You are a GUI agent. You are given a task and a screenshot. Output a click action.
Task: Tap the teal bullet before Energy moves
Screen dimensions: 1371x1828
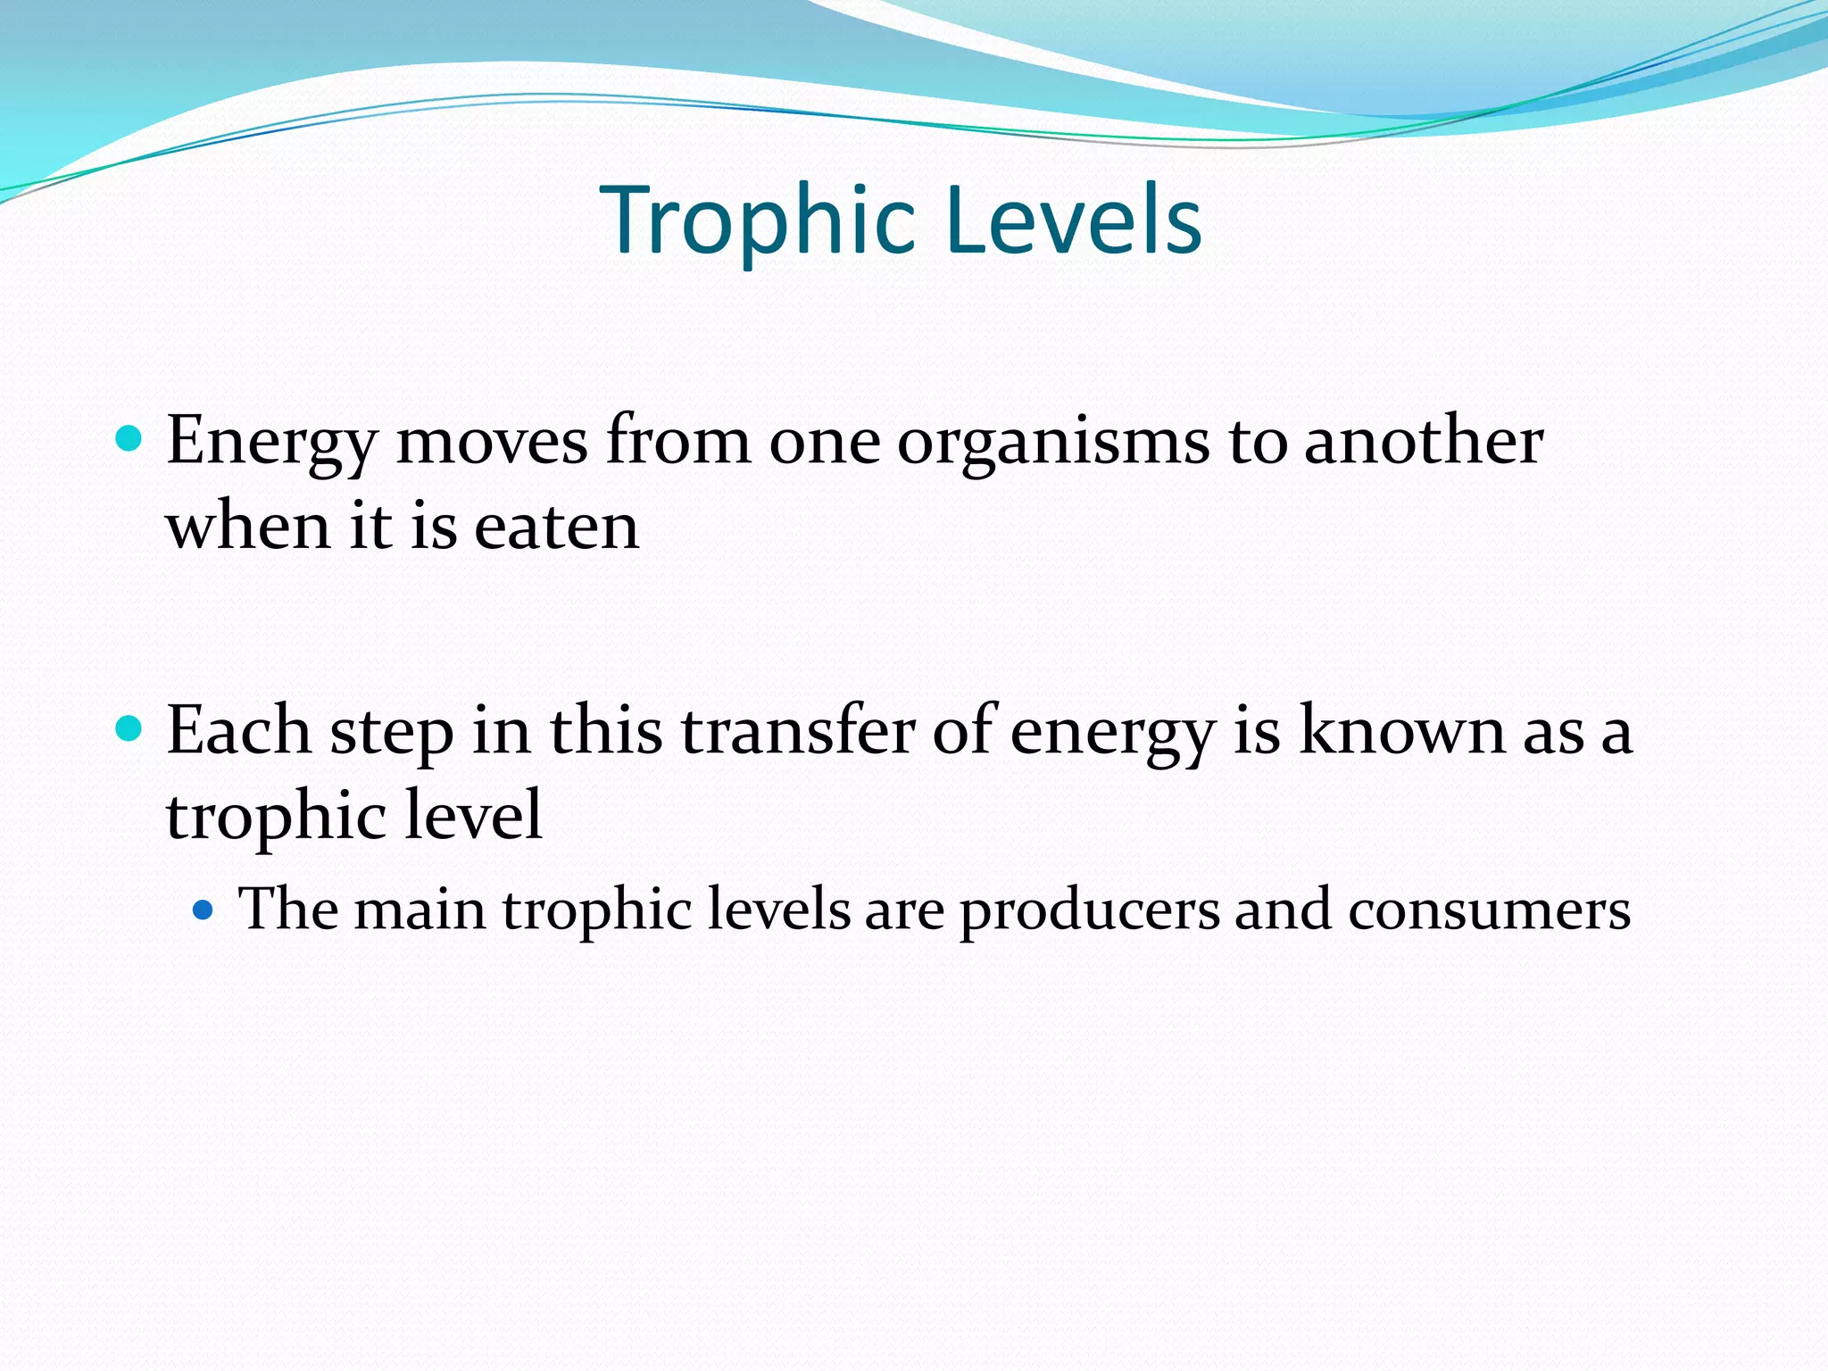[129, 439]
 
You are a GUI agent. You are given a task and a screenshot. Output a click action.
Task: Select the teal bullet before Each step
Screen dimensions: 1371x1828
[129, 729]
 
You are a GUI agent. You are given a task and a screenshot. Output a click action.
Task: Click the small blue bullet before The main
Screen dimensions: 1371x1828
[204, 910]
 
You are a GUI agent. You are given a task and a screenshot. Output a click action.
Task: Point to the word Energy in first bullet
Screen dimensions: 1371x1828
[271, 442]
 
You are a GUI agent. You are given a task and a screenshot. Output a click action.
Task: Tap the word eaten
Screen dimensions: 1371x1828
[556, 527]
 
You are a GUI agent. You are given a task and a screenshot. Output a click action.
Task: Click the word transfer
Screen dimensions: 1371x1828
[798, 730]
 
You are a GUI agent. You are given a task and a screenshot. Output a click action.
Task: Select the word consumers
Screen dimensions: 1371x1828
[1489, 911]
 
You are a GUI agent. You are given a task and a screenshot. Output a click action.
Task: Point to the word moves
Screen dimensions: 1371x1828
[492, 442]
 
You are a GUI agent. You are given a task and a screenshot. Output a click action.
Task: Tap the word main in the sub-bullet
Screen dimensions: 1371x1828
[420, 910]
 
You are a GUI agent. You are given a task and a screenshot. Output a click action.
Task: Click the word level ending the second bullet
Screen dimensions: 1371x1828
[473, 814]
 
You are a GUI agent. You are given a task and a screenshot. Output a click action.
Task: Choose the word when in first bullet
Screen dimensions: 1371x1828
[249, 527]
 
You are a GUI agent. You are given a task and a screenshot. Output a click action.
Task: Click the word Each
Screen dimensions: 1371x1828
[238, 730]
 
